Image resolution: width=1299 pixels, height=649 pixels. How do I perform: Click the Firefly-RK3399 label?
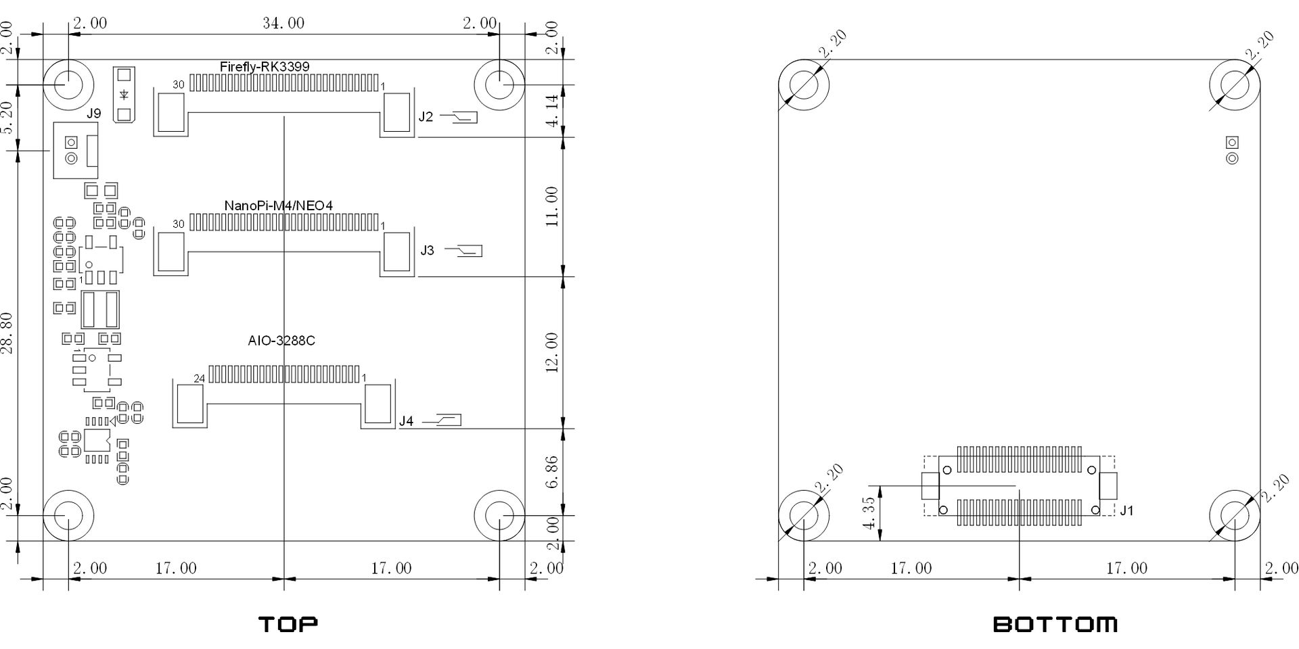coord(265,66)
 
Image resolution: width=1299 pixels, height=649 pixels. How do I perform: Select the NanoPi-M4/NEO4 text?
coord(278,205)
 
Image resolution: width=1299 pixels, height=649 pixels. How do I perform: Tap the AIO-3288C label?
coord(281,341)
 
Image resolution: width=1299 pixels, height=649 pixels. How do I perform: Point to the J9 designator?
coord(93,114)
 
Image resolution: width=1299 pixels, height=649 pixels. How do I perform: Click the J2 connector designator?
coord(426,117)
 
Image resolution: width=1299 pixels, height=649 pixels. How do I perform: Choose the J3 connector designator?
coord(428,251)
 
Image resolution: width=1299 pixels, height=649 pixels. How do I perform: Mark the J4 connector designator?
coord(406,421)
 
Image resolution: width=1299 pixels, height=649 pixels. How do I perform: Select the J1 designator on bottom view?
coord(1126,510)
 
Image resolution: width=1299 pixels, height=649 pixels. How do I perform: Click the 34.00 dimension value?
coord(283,23)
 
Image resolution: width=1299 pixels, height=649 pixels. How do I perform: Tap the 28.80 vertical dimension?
coord(7,333)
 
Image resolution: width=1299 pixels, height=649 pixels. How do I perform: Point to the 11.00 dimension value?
coord(552,207)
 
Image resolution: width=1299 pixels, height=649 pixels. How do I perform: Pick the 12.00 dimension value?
coord(552,353)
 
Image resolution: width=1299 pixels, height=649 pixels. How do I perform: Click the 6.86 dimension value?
coord(552,472)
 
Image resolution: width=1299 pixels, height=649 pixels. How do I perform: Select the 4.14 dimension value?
coord(552,111)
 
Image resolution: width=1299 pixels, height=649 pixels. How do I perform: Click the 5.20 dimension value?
coord(7,118)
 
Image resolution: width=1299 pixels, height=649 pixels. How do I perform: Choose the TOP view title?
coord(288,624)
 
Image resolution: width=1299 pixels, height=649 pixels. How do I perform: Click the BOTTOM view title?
coord(1055,624)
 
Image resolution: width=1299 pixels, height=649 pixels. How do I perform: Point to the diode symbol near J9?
coord(124,95)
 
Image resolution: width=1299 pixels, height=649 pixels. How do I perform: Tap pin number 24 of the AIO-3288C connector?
coord(199,379)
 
